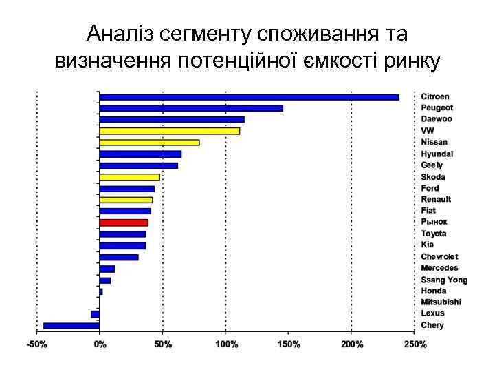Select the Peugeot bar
pos(191,108)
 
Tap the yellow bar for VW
pos(170,131)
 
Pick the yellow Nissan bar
pos(149,143)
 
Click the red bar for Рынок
pos(124,223)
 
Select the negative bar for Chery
pos(71,325)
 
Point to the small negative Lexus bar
pos(96,314)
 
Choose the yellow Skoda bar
pos(129,177)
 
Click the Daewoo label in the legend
pos(437,119)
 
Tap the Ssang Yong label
pos(444,280)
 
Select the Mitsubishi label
pos(441,302)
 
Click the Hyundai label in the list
pos(437,154)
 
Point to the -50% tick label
pos(37,344)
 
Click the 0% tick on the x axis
pos(100,344)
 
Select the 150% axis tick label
pos(289,344)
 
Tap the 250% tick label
pos(415,344)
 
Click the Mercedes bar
pos(107,269)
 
